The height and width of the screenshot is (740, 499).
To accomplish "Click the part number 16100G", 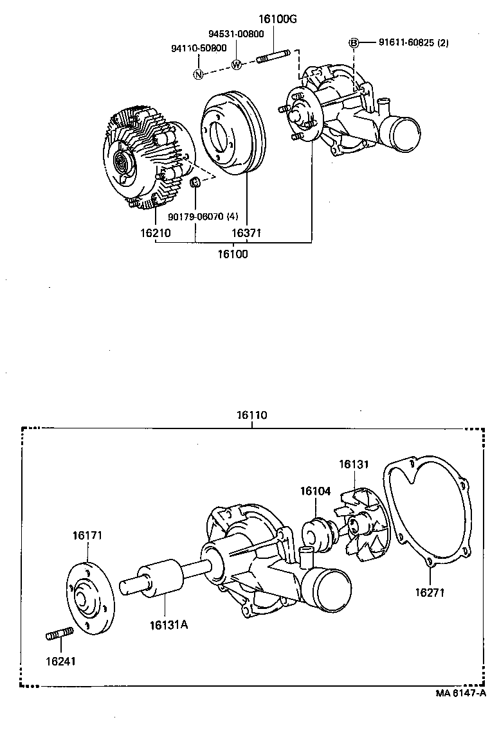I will tap(278, 19).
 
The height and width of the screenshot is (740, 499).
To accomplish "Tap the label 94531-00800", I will tap(235, 33).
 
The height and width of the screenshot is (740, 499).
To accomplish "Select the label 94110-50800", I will tap(199, 48).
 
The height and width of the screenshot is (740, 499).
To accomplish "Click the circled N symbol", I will tap(199, 73).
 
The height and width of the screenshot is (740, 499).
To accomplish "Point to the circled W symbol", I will tap(236, 65).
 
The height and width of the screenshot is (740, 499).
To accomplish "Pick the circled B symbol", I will tap(353, 43).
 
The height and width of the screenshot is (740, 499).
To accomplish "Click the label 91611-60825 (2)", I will tap(413, 43).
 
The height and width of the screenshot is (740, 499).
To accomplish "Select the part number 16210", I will tap(155, 233).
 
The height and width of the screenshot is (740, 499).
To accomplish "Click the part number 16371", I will tap(248, 233).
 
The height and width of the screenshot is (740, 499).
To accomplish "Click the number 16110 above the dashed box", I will tap(251, 416).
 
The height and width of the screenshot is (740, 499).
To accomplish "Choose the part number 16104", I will tap(315, 491).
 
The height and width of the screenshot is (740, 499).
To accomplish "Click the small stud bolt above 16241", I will tap(60, 635).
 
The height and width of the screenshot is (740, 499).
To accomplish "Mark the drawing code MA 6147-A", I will tap(460, 694).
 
